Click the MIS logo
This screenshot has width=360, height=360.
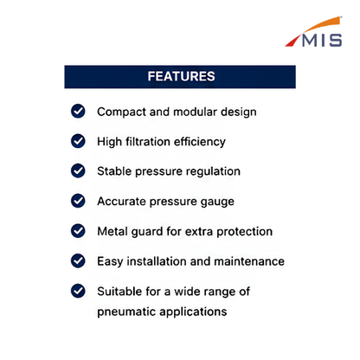[x=313, y=32]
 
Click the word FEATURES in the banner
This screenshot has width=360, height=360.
[x=181, y=76]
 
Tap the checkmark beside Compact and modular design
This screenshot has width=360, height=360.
[x=78, y=111]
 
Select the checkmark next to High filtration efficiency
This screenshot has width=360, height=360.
[x=78, y=141]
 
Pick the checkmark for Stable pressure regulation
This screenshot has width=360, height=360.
[x=78, y=170]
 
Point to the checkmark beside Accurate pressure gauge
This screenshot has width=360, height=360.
[x=78, y=201]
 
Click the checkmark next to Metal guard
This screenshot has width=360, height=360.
[x=78, y=231]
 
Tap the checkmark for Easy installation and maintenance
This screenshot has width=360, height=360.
[x=78, y=260]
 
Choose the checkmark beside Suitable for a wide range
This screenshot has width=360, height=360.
[x=78, y=291]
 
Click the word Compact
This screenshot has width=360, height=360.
[x=121, y=112]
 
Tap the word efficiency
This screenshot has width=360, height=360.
[x=200, y=142]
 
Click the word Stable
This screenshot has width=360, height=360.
[x=114, y=171]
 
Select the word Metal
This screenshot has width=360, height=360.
[x=112, y=231]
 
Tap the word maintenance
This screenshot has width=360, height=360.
[x=249, y=261]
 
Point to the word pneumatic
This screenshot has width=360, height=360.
[x=126, y=312]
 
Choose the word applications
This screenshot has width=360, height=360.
[x=193, y=312]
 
